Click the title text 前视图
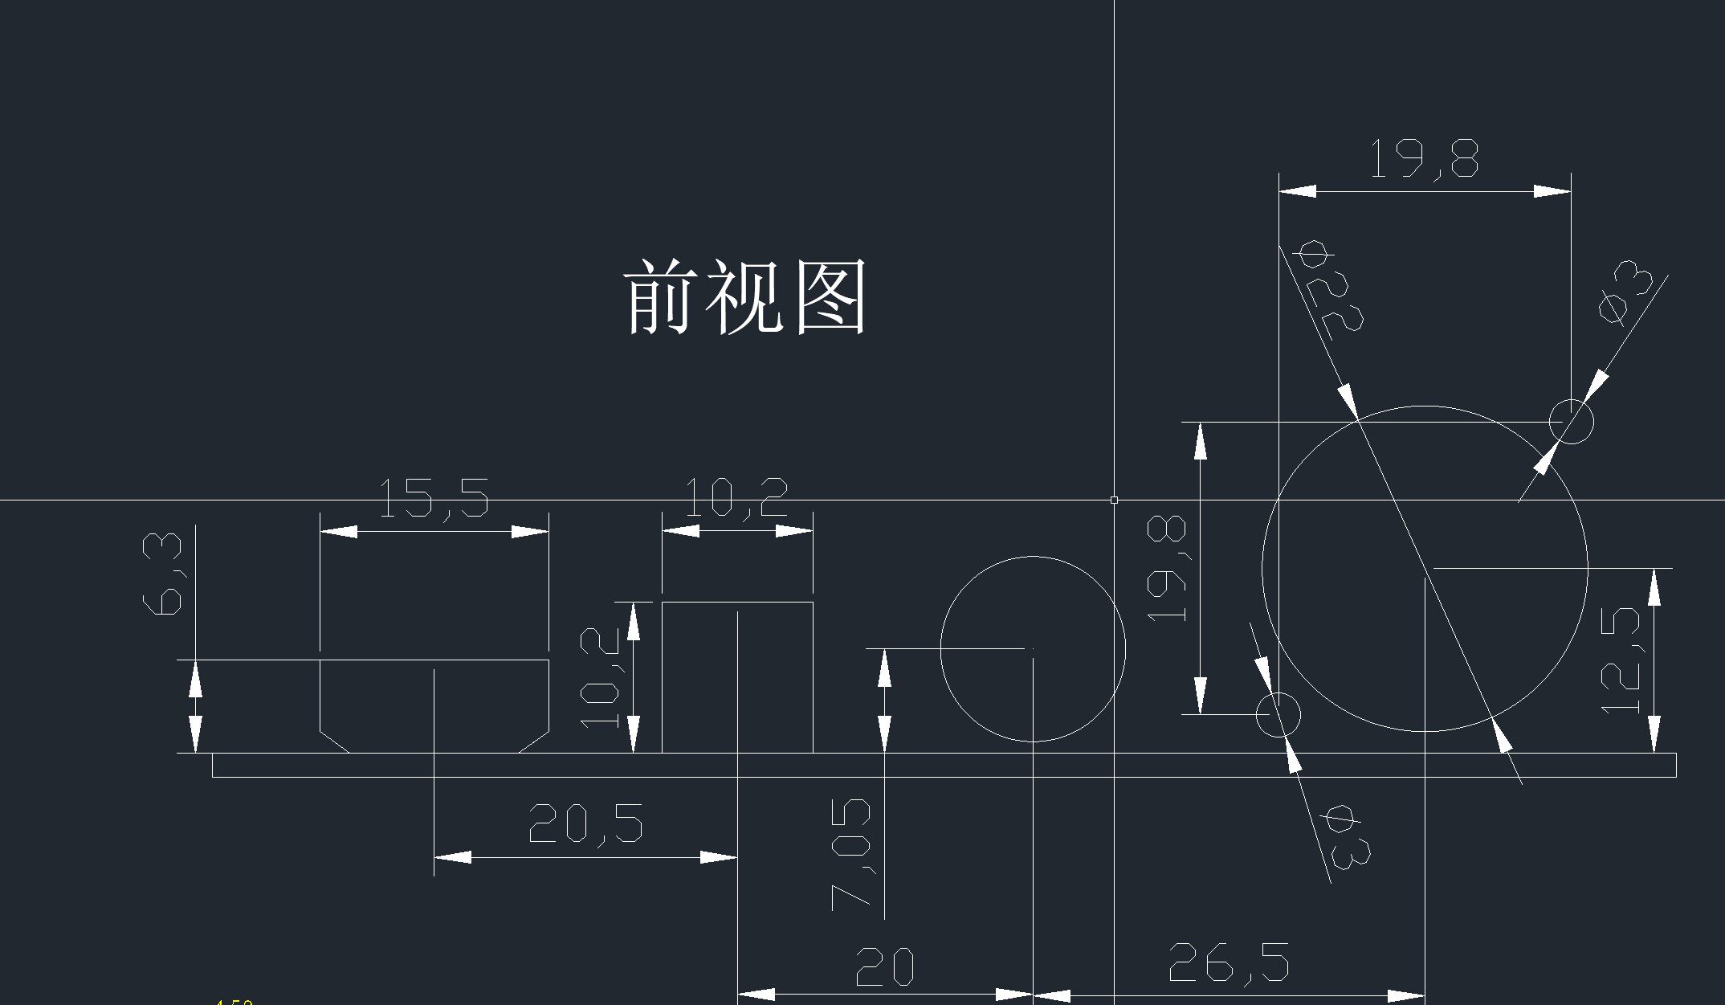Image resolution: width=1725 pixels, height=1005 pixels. click(x=744, y=296)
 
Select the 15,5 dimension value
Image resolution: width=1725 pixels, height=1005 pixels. click(x=433, y=498)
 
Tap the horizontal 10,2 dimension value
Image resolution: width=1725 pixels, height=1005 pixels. click(x=736, y=497)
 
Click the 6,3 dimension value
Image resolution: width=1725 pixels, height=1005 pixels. click(x=162, y=574)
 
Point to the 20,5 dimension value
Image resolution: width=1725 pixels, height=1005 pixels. click(x=585, y=823)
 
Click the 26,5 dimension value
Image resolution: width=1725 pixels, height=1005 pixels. click(x=1228, y=962)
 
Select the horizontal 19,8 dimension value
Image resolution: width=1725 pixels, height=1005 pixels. click(x=1424, y=158)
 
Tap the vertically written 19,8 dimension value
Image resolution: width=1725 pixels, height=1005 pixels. click(x=1167, y=569)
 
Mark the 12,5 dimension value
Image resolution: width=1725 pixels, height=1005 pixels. click(x=1621, y=660)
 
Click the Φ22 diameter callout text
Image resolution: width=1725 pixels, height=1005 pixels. click(x=1329, y=289)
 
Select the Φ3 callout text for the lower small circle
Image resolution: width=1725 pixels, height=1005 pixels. click(x=1347, y=839)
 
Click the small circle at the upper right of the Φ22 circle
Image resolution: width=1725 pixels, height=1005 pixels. click(x=1571, y=421)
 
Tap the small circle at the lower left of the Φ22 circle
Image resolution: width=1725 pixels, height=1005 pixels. click(x=1278, y=714)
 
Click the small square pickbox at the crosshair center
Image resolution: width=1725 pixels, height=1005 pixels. click(x=1114, y=500)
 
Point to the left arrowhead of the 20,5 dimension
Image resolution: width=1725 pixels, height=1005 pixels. click(x=453, y=857)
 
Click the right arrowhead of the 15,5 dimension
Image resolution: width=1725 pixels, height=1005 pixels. click(x=530, y=531)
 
